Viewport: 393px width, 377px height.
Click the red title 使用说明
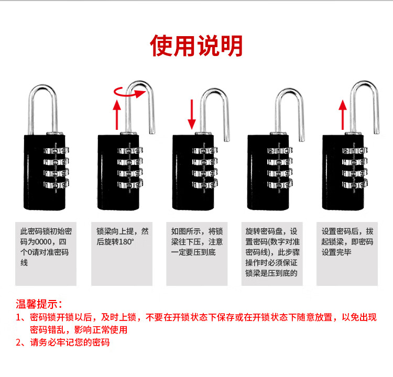click(196, 46)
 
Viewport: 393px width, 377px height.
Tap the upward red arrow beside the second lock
click(117, 115)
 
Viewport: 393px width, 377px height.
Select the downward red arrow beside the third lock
click(192, 114)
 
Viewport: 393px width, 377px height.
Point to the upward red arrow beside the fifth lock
click(342, 115)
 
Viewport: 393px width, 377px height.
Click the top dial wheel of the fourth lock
click(280, 151)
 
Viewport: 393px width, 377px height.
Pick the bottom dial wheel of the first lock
click(57, 184)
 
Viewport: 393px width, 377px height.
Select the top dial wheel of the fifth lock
click(355, 151)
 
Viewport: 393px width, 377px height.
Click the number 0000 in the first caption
click(43, 242)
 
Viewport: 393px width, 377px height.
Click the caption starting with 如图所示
click(197, 242)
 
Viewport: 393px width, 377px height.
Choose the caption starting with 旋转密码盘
click(272, 252)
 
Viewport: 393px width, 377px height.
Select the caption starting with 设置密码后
click(347, 242)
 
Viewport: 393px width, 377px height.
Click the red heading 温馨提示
click(39, 304)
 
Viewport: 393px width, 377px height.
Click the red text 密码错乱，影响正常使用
click(79, 330)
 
